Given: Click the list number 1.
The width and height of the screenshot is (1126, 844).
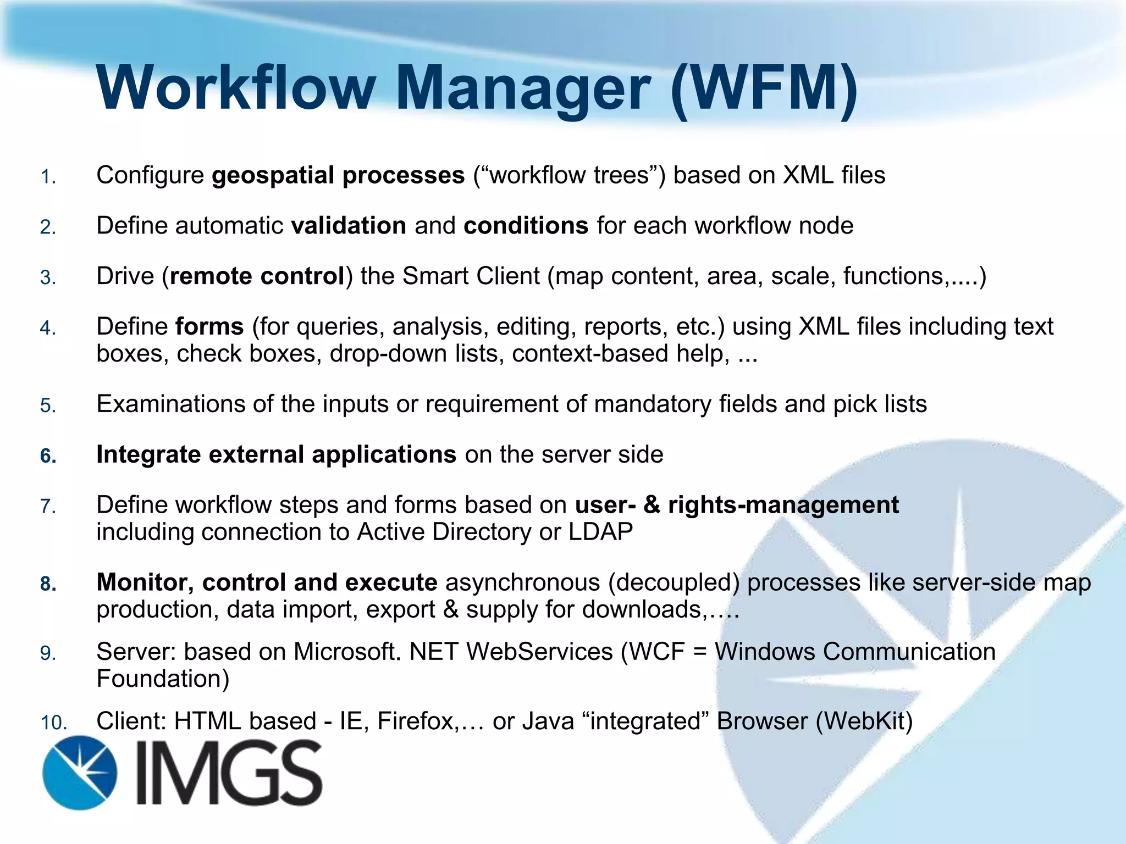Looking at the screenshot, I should pos(48,177).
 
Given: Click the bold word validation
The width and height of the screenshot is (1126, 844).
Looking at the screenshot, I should pos(349,226).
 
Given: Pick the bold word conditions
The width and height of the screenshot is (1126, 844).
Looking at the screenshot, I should pos(526,226).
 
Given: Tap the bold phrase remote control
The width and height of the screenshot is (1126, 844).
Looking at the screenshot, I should pos(257,276).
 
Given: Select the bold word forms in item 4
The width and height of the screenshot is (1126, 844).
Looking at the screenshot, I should pos(209,326).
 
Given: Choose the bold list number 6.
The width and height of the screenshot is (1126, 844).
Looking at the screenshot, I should pos(48,456).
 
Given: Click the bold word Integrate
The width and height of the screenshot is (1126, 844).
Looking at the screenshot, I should pos(148,455).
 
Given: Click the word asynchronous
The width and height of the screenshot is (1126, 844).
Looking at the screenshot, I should pos(522,582).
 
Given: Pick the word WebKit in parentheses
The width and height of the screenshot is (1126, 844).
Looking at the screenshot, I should pos(864,721).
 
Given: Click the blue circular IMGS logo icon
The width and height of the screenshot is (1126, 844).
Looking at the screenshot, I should pos(80,773).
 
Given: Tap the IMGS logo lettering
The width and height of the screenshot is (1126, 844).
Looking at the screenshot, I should pos(229,773).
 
